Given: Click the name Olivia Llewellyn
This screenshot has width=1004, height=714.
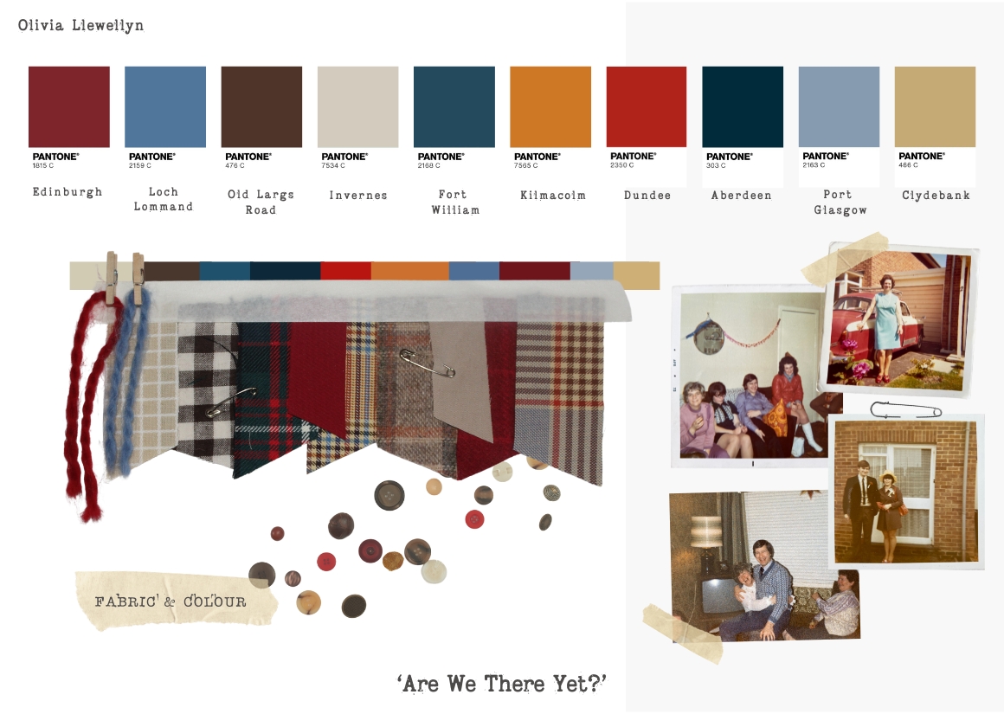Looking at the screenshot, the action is coord(80,26).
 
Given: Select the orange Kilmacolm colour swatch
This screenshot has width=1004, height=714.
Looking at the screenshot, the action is coord(550,107).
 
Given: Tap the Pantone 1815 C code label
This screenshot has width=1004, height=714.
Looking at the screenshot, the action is coord(43,166).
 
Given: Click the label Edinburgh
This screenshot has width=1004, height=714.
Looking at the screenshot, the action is coord(68,192).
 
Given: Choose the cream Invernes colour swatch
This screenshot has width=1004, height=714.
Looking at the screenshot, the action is coord(358,107).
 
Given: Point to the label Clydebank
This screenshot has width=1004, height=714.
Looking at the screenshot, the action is coord(936,196).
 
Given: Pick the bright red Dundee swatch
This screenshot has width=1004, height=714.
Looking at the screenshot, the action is coord(646,107).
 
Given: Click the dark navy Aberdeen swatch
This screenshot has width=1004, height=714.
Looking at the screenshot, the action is coord(743,107).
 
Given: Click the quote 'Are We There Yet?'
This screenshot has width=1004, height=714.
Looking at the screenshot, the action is coord(501,684).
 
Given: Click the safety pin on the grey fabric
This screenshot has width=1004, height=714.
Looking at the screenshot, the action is coord(428,363).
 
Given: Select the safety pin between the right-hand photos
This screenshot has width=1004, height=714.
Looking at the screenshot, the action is coord(906,410).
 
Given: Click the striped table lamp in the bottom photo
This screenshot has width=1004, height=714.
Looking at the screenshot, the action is coord(706,531).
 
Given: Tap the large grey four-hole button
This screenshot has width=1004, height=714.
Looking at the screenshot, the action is coord(389,495).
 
